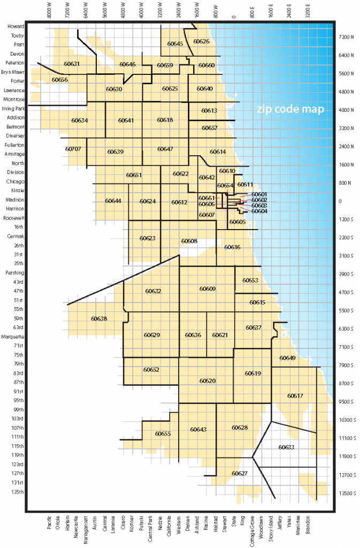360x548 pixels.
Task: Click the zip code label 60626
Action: [x=201, y=41]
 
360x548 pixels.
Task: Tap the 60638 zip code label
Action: [x=99, y=318]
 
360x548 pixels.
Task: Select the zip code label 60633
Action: [x=287, y=447]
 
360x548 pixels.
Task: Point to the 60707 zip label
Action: [x=73, y=149]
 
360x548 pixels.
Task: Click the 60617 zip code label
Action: [x=295, y=396]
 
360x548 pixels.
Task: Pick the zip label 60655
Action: [x=163, y=433]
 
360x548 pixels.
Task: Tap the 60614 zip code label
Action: [x=218, y=152]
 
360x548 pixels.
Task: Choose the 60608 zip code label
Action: [x=189, y=241]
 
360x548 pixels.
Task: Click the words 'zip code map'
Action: [x=290, y=109]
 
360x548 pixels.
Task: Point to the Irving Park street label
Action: [x=13, y=108]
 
